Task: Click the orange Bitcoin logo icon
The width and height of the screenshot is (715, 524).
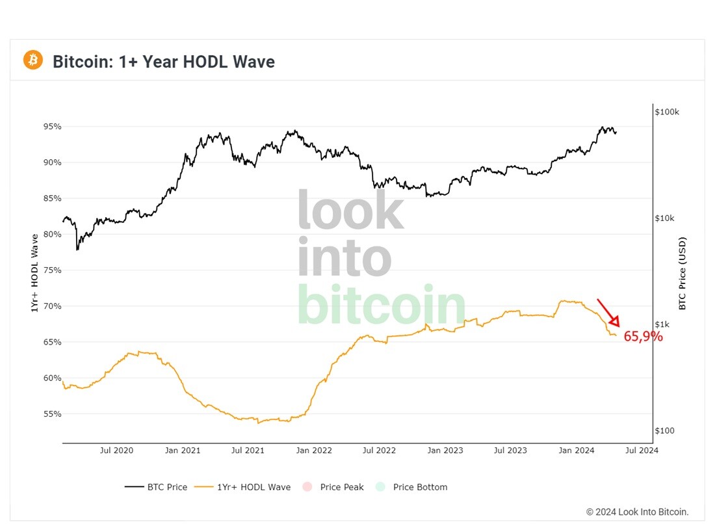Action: coord(33,60)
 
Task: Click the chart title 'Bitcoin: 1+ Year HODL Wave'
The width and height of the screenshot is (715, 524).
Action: coord(164,62)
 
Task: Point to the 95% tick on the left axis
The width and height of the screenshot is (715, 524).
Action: coord(53,126)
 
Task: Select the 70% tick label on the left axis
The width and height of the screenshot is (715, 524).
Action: coord(53,306)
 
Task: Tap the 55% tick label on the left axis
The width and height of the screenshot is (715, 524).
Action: coord(53,414)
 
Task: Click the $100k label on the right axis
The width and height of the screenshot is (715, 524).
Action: coord(667,112)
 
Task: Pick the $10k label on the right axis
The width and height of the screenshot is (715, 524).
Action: coord(664,218)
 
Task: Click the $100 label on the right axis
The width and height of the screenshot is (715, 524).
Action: coord(664,430)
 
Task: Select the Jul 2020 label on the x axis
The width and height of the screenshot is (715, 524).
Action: coord(117,451)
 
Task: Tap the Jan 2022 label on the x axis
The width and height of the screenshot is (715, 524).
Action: coord(314,451)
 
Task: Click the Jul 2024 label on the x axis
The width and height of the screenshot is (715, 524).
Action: coord(642,451)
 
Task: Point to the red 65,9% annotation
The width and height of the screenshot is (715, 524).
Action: coord(643,337)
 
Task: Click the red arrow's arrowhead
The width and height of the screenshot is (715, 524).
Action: coord(615,322)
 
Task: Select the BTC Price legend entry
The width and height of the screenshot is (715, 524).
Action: coord(156,487)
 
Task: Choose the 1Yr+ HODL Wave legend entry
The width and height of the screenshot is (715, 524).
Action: coord(242,487)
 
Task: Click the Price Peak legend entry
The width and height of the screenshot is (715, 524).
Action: coord(333,487)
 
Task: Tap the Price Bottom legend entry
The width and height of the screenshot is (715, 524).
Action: coord(411,487)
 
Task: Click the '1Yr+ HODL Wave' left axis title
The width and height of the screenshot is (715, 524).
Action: coord(34,273)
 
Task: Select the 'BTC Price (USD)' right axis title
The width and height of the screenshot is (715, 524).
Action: coord(682,273)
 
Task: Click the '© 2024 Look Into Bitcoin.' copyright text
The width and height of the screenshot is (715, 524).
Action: coord(638,512)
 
